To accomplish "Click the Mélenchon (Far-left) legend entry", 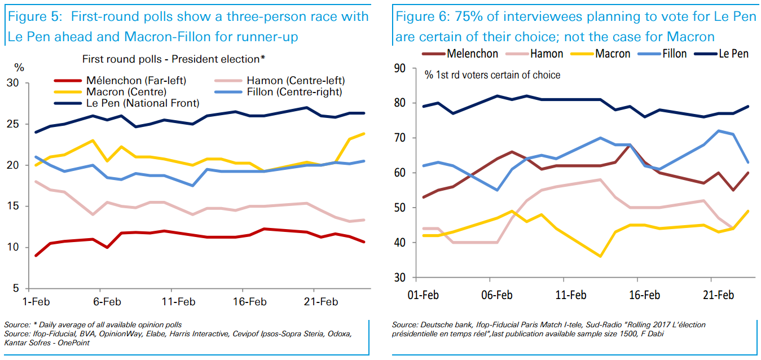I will [136, 80].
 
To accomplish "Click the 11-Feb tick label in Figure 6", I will [571, 295].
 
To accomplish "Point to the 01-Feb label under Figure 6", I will [423, 295].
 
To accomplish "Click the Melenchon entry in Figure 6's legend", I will [472, 54].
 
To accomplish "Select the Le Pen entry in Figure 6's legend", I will [733, 54].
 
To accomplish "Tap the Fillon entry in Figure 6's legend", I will [675, 54].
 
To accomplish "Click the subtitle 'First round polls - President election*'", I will [174, 59].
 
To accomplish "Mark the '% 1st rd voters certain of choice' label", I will [492, 74].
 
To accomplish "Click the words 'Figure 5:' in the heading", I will [33, 16].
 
